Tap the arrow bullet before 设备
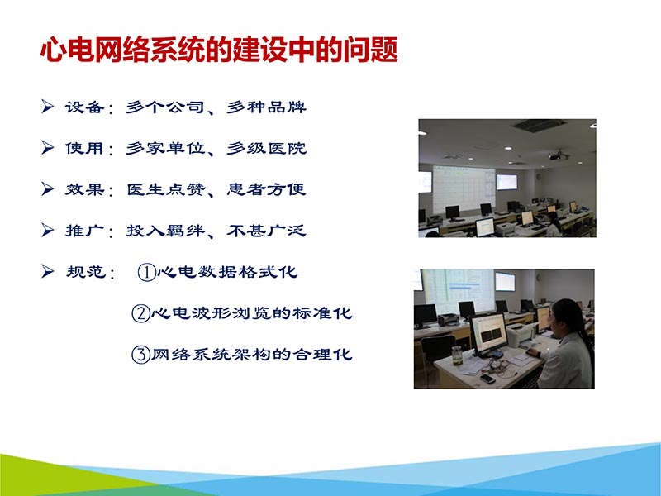48,107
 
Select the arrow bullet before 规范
48,270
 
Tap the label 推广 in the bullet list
84,231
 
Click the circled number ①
145,272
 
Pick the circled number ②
140,313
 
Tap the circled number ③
140,355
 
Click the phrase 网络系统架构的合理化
252,355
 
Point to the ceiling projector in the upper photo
559,154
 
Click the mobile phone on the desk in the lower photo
488,379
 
